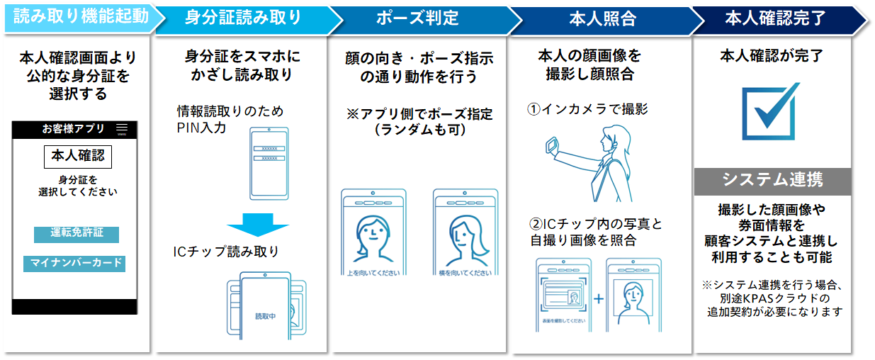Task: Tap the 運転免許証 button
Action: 76,234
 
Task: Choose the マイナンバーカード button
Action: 77,264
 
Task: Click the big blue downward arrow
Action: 258,225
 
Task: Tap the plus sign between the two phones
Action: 599,298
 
